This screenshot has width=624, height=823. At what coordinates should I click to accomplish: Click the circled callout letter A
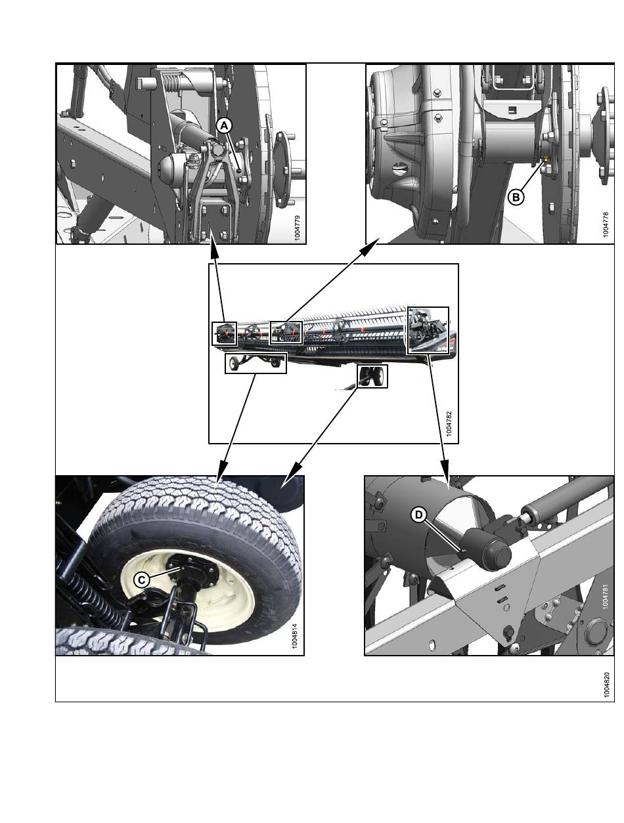[x=224, y=126]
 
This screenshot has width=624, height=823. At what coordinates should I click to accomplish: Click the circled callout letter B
[x=516, y=198]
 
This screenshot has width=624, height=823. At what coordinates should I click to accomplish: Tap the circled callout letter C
[x=141, y=580]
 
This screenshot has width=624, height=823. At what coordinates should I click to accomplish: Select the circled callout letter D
[x=418, y=515]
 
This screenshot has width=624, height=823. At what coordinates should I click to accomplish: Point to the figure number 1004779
[x=298, y=228]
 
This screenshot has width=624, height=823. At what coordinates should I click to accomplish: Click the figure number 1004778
[x=606, y=225]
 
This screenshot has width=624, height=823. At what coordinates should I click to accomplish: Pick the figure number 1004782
[x=449, y=424]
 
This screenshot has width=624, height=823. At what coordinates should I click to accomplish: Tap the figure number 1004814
[x=294, y=636]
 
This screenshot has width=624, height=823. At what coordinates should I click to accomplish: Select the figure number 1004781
[x=605, y=597]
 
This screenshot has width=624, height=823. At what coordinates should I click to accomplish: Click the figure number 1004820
[x=607, y=685]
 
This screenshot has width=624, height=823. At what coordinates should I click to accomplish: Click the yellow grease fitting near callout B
[x=545, y=160]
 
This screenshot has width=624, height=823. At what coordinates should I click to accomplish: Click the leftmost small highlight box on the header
[x=224, y=333]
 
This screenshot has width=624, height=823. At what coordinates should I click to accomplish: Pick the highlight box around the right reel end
[x=428, y=330]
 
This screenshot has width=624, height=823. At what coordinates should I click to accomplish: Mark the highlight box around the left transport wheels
[x=256, y=363]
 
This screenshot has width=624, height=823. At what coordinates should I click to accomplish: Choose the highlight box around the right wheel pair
[x=372, y=376]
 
